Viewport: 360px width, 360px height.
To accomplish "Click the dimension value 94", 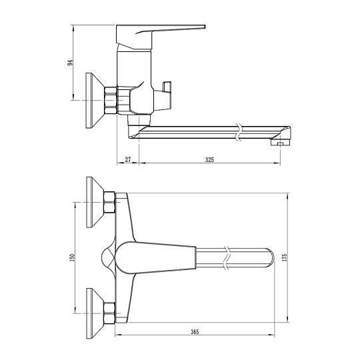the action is (70, 63).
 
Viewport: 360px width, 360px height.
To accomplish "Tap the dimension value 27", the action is (128, 159).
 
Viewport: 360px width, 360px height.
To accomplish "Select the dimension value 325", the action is (209, 159).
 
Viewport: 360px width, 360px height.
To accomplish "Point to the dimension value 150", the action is (72, 257).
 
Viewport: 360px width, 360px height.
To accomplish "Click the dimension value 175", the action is (284, 257).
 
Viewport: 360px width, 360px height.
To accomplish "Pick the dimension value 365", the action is (195, 331).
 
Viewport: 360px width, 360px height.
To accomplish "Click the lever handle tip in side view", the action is (204, 27).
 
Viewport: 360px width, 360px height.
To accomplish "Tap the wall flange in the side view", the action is (95, 101).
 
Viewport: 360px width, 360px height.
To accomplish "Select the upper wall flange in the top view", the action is (95, 202).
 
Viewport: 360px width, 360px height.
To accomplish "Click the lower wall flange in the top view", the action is (95, 313).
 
